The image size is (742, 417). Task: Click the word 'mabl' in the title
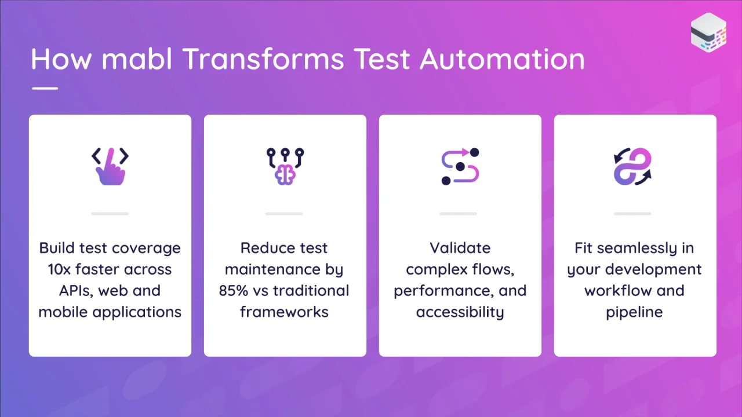136,58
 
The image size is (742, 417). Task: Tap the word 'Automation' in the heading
502,59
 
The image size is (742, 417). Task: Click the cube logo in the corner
708,32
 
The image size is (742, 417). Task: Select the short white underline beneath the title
45,89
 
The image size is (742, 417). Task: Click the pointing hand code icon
110,166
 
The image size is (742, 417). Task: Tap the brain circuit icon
285,166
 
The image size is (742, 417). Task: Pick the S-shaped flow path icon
460,166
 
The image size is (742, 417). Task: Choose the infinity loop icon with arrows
632,166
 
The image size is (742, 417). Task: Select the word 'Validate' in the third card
460,248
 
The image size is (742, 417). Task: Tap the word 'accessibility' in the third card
460,312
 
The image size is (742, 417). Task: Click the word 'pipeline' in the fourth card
634,312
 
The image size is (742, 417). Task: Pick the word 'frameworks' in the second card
284,312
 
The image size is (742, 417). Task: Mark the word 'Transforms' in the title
263,59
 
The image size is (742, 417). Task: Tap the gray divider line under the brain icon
284,214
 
